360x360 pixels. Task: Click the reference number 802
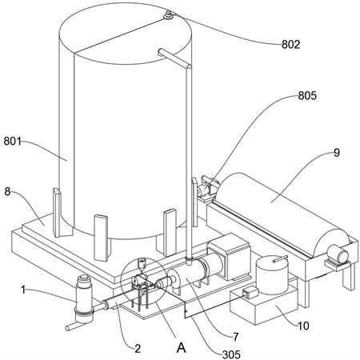[x=291, y=44]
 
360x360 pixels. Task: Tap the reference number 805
[x=307, y=95]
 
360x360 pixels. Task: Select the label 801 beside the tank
[x=13, y=141]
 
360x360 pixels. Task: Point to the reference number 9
[x=337, y=153]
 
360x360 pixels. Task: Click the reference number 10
[x=303, y=326]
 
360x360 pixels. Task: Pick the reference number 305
[x=231, y=354]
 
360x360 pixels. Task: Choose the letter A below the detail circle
[x=182, y=347]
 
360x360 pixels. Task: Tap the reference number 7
[x=235, y=337]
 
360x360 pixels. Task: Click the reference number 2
[x=138, y=348]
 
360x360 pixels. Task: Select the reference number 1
[x=23, y=290]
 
